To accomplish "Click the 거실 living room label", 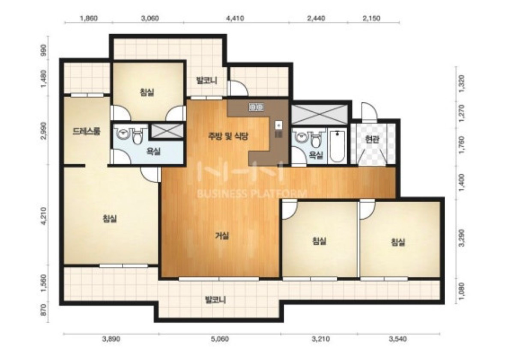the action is [222, 236].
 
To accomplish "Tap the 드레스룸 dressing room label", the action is [87, 131].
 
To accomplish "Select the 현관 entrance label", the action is [372, 139].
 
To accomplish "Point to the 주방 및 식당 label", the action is [228, 136].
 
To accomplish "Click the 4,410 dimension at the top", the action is [235, 18].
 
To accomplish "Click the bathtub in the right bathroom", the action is [338, 146].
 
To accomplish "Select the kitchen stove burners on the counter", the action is [257, 107].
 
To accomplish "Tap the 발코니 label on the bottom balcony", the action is [215, 300].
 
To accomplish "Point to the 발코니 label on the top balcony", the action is [207, 80].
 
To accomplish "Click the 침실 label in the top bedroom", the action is [147, 92].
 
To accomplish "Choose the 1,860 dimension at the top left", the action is [89, 18].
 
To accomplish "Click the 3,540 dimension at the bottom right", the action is [398, 339].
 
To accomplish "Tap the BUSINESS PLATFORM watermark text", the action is [251, 193].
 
